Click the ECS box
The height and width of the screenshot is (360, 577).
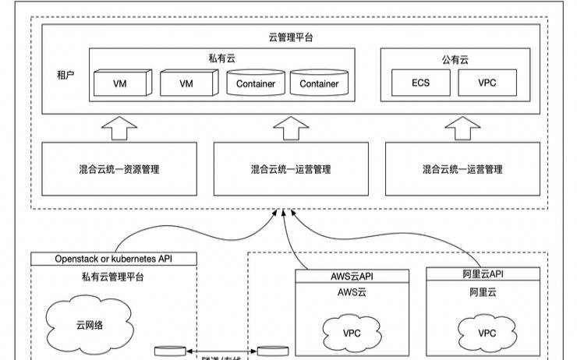point(420,83)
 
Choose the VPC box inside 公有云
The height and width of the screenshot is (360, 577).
point(487,83)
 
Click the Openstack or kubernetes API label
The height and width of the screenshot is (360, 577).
point(114,259)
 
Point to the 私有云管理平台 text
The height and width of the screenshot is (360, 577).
point(114,276)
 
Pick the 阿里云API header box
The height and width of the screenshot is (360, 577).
point(483,274)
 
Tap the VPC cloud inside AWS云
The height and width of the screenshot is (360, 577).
point(352,333)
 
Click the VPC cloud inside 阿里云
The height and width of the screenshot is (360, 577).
point(487,333)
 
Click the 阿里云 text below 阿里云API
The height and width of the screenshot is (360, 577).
point(483,292)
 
